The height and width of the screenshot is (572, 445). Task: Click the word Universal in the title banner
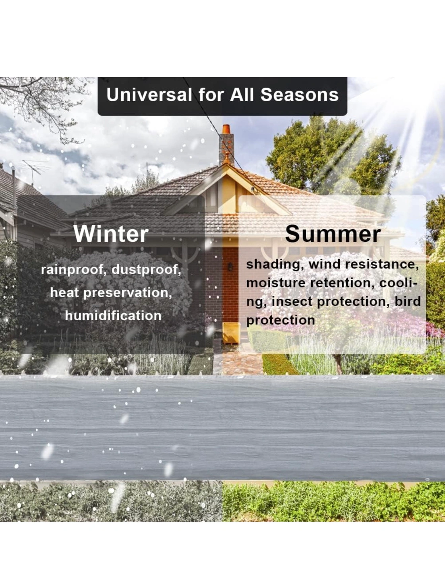point(149,95)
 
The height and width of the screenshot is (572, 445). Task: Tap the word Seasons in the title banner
point(300,95)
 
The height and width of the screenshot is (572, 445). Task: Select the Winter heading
point(111,234)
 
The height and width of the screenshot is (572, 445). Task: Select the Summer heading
point(333,234)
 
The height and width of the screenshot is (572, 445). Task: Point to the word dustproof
point(146,270)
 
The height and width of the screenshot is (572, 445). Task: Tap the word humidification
point(113,316)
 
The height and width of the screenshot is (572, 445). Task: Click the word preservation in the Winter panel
point(128,293)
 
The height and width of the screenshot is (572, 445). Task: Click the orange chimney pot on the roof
point(226,129)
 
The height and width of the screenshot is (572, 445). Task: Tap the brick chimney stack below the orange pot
point(226,149)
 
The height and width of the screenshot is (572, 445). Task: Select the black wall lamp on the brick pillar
point(230,267)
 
